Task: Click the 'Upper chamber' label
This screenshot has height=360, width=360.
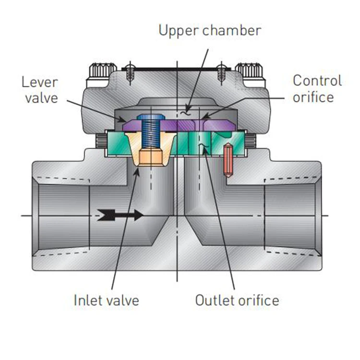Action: tap(210, 31)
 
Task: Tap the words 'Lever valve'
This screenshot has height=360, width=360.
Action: tap(39, 89)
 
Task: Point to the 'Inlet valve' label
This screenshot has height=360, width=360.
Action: tap(106, 300)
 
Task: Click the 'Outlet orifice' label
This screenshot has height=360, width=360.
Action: tap(237, 300)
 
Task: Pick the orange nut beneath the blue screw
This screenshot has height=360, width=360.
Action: tap(152, 158)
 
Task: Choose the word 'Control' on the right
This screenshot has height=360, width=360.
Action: tap(317, 80)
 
